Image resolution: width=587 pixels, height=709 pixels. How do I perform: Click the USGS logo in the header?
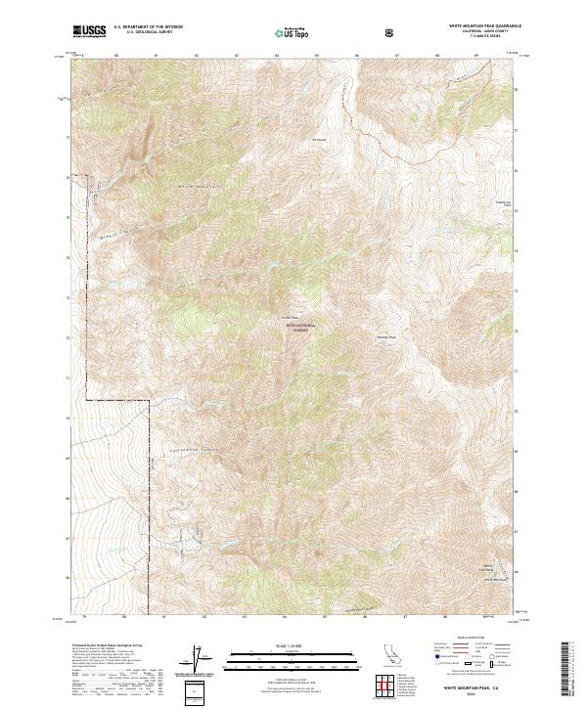[x=89, y=31]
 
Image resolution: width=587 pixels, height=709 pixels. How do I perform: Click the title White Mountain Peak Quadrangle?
[x=484, y=26]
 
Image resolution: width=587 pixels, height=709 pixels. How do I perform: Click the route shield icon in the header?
[x=391, y=32]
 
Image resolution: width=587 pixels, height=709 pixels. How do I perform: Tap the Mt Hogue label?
[x=317, y=138]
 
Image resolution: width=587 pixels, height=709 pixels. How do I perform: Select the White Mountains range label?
[x=201, y=185]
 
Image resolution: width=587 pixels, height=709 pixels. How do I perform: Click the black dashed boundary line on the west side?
[x=87, y=323]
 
